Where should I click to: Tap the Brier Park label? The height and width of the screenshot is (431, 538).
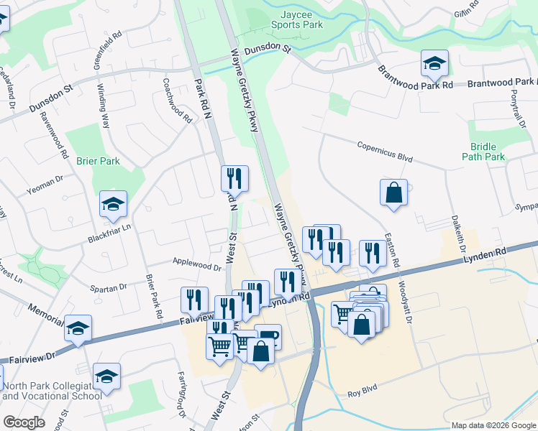tap(98, 162)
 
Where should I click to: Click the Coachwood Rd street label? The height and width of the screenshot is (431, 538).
tap(178, 100)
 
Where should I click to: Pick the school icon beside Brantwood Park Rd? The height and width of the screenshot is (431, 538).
tap(434, 64)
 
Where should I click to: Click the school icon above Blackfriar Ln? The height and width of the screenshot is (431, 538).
tap(113, 205)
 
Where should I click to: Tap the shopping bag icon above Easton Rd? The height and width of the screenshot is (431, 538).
tap(393, 193)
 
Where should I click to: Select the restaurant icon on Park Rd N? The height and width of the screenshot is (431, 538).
tap(234, 179)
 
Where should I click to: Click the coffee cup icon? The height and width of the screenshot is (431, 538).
tap(268, 335)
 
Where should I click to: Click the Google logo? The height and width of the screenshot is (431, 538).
tap(24, 422)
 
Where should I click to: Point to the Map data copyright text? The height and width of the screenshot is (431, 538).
tap(493, 425)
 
